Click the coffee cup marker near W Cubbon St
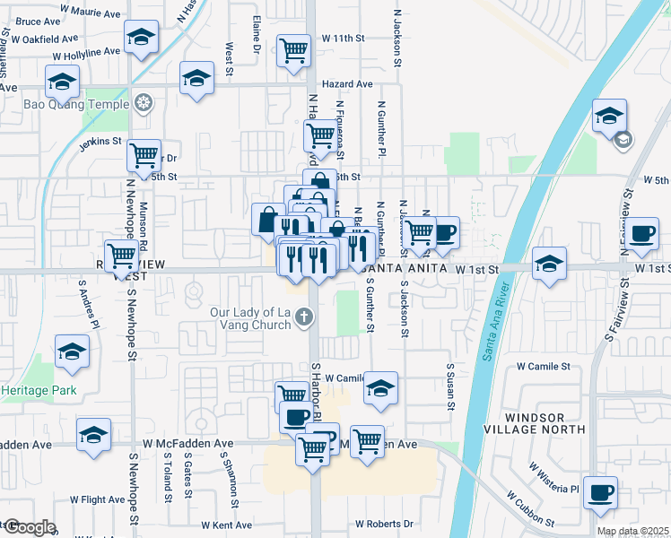coord(600,492)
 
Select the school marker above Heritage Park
coord(72,351)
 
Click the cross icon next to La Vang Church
coord(305,316)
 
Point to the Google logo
coord(29,527)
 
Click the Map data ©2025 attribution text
coord(632,531)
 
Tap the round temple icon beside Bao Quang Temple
coord(142,103)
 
